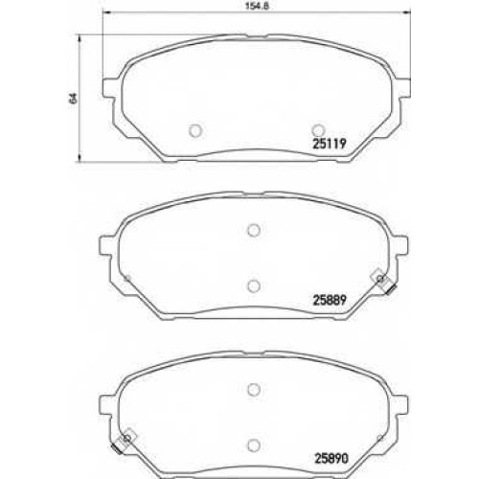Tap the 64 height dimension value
[x=73, y=98]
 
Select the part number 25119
[x=329, y=144]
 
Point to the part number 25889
[x=330, y=300]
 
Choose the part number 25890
[x=331, y=459]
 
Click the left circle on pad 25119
[x=195, y=130]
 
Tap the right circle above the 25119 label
[x=318, y=130]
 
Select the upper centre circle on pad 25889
[x=254, y=230]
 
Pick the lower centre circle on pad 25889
[x=254, y=286]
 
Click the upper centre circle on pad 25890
[x=254, y=389]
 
